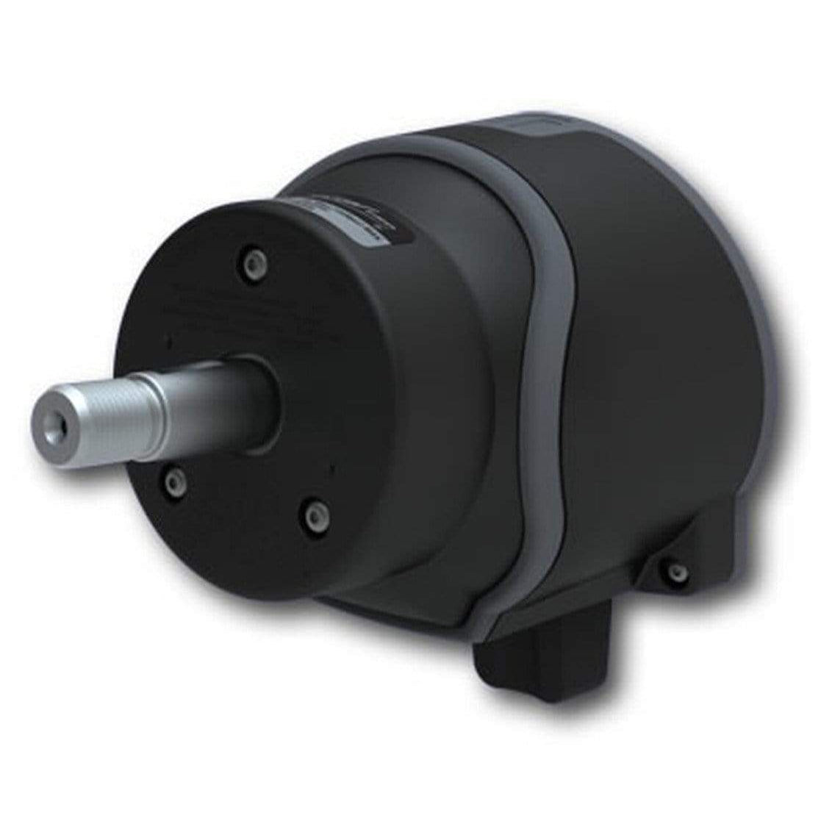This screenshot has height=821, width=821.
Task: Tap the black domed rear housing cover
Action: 647,331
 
